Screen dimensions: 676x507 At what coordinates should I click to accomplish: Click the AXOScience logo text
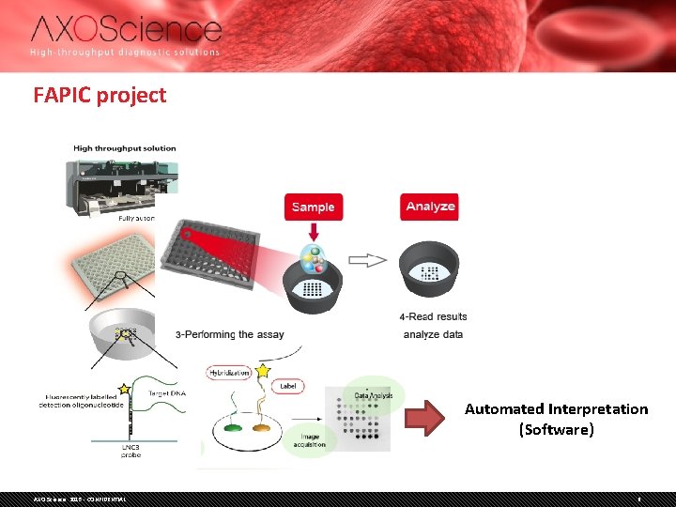click(126, 29)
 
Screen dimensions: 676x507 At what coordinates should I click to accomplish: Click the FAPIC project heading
click(100, 95)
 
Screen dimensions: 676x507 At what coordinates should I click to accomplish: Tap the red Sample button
click(313, 207)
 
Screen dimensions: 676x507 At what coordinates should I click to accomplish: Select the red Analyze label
click(430, 207)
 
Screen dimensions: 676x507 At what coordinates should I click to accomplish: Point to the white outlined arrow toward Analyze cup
click(367, 260)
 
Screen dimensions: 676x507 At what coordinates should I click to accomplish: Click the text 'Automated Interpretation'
click(556, 408)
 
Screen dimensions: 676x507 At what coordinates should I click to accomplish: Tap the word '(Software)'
click(556, 429)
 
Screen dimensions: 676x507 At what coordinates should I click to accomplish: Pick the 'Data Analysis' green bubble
click(374, 395)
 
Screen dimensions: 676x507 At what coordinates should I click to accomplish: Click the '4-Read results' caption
click(433, 316)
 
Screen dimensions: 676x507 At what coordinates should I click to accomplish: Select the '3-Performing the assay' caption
click(229, 334)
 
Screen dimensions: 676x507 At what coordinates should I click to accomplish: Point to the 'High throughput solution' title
click(125, 148)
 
